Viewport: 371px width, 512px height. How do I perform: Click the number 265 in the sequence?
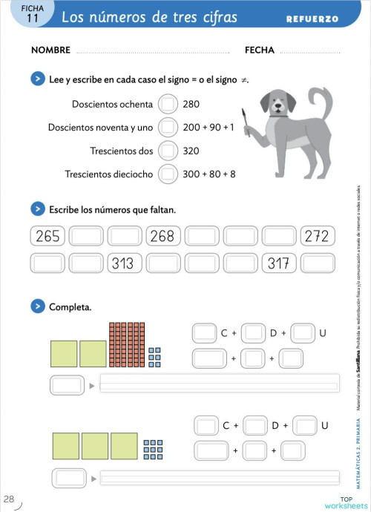[x=47, y=237]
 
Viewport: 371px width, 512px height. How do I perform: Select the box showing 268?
[x=162, y=237]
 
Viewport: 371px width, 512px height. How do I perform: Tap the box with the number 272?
[x=318, y=237]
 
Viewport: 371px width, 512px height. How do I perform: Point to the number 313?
[x=123, y=263]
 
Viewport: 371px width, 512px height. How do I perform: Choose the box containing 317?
[x=280, y=263]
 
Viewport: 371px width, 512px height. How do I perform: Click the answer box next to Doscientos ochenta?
[x=168, y=104]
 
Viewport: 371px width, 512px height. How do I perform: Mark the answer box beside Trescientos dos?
[x=168, y=151]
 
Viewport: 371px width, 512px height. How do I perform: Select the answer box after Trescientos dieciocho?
[x=168, y=174]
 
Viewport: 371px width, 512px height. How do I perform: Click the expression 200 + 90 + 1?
[x=209, y=128]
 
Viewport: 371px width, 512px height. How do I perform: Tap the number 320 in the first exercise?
[x=191, y=151]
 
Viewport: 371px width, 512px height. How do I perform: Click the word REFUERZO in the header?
[x=312, y=19]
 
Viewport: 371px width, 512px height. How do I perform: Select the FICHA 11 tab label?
[x=31, y=15]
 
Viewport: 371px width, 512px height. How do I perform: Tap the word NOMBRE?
[x=50, y=50]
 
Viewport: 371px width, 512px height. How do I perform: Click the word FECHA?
[x=259, y=50]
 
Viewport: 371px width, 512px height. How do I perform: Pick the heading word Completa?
[x=70, y=306]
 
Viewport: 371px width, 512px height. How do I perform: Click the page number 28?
[x=9, y=498]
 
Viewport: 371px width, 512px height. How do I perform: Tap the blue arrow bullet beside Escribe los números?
[x=36, y=210]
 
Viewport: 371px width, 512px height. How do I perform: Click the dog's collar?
[x=279, y=115]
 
